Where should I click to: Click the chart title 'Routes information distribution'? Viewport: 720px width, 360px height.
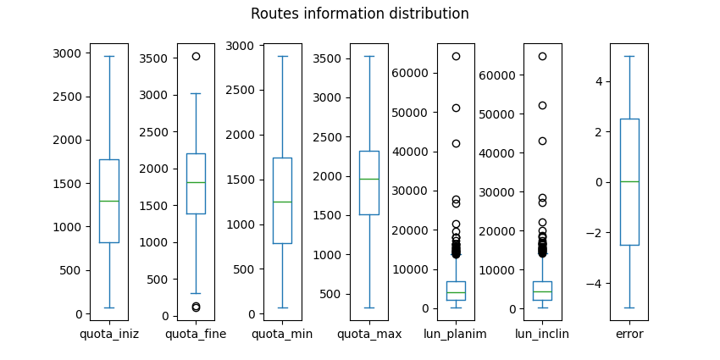359,14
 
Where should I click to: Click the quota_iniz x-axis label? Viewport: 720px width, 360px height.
109,334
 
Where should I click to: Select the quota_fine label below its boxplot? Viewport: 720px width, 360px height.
196,334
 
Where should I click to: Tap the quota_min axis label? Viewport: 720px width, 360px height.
282,334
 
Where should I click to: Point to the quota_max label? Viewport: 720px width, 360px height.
369,334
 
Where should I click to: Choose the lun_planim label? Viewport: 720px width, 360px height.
456,334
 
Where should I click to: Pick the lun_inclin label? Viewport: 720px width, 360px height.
542,334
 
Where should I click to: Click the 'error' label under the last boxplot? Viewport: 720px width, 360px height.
629,334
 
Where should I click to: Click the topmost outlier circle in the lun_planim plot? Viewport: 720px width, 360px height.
456,56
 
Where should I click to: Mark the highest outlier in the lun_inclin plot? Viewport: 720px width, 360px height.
542,56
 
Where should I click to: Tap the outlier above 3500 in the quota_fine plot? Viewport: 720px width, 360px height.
196,56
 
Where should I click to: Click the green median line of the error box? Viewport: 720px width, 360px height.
629,181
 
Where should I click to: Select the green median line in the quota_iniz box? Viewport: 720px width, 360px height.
109,201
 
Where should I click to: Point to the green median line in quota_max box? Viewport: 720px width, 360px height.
369,179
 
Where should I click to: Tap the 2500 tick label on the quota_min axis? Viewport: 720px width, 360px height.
242,90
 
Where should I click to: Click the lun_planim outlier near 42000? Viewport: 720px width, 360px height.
456,143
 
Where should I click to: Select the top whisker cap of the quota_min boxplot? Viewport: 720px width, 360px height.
282,56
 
